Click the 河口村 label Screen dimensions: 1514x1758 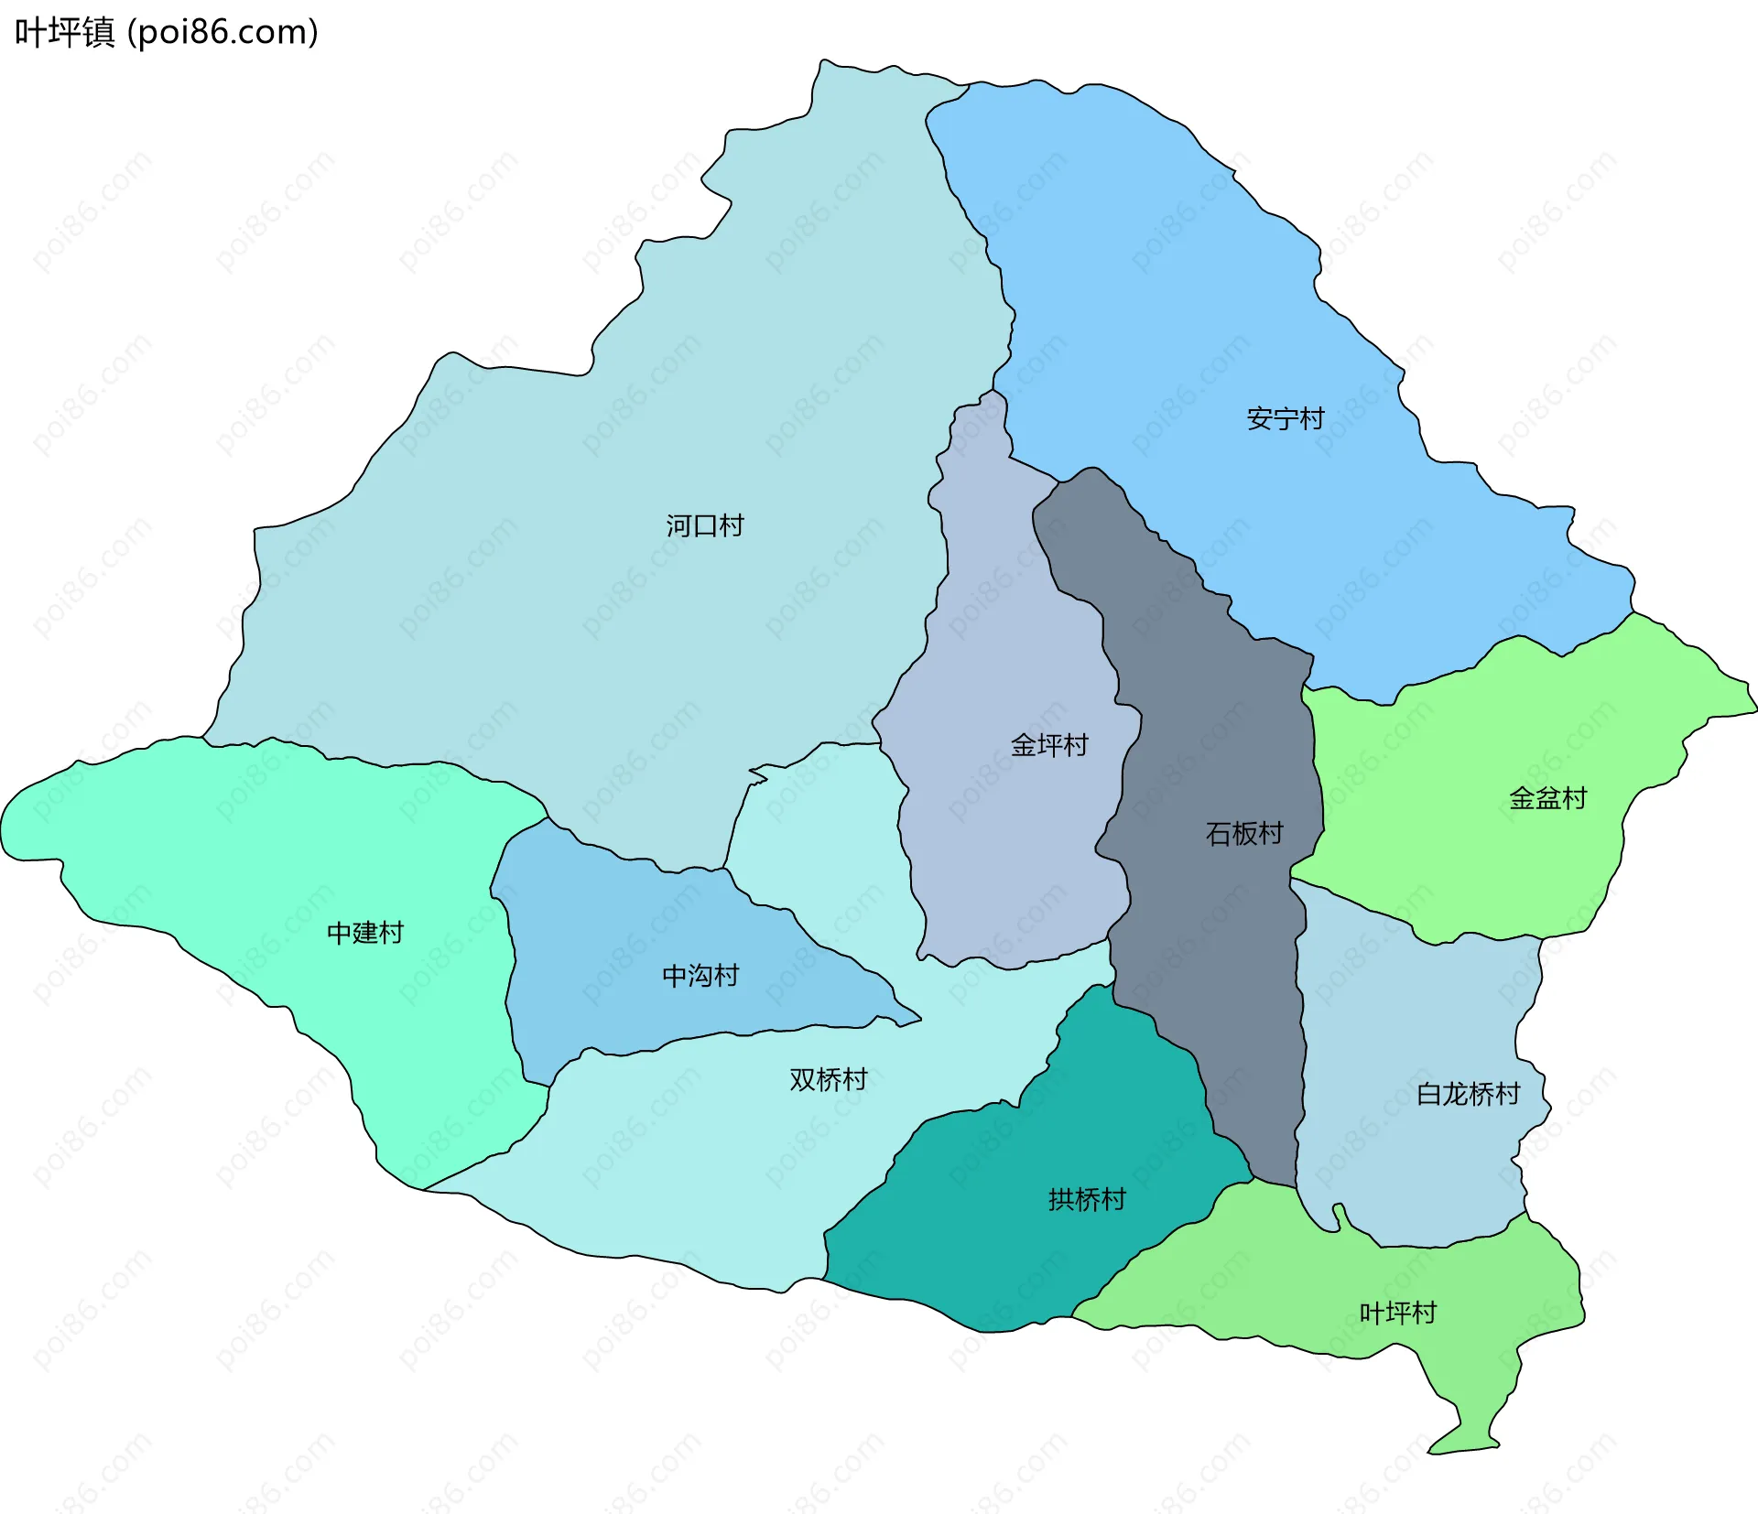[x=704, y=525]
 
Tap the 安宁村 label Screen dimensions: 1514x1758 [x=1285, y=418]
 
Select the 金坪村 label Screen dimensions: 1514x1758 [x=1048, y=745]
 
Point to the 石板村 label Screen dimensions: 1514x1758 [x=1243, y=833]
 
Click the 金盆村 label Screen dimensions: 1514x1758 [x=1546, y=798]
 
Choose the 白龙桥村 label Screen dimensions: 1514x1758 [x=1467, y=1094]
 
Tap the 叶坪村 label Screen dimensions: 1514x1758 [x=1397, y=1313]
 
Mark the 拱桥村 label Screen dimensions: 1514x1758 [x=1086, y=1199]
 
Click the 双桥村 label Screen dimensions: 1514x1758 [x=828, y=1079]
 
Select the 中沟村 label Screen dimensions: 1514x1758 [x=700, y=976]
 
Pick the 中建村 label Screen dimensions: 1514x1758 [x=364, y=933]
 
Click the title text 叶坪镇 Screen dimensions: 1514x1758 [x=64, y=32]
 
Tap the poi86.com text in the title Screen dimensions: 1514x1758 [x=222, y=32]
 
